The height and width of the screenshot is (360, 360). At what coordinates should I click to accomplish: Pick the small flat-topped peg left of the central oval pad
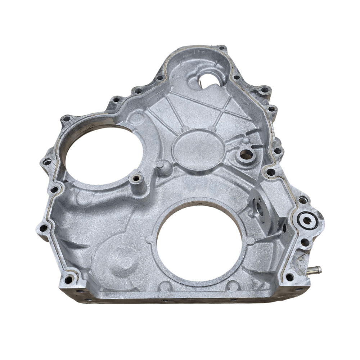[161, 165]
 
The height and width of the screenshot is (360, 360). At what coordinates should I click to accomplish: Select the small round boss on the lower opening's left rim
[149, 239]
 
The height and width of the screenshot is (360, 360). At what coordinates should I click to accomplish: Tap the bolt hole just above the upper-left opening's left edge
[66, 118]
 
